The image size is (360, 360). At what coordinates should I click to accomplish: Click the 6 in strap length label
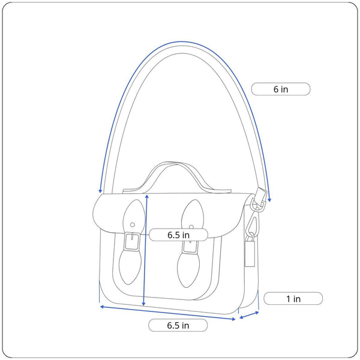(281, 89)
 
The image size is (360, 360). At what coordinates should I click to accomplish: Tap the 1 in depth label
(293, 299)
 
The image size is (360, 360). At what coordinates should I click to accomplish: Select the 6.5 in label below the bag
(178, 325)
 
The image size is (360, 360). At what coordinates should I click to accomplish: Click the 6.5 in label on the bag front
(178, 235)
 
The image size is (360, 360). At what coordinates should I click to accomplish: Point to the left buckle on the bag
(132, 242)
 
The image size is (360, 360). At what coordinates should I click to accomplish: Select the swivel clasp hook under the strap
(253, 224)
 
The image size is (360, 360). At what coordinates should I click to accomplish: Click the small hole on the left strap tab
(133, 225)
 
